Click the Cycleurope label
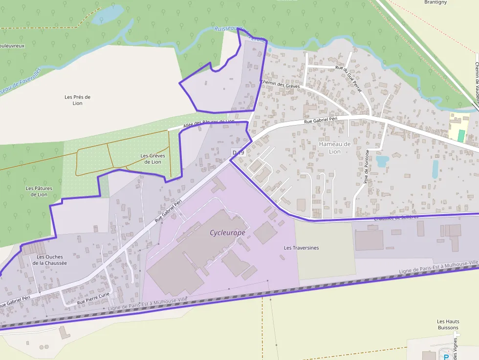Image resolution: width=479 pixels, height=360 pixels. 227,233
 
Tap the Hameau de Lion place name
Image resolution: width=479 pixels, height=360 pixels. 335,148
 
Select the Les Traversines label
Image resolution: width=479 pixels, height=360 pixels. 301,248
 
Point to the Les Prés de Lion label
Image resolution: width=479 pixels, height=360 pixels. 78,100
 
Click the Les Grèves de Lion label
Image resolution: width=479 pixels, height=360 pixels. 152,159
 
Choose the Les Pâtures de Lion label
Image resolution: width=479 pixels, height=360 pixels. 39,191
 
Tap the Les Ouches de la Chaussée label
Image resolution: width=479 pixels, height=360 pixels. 50,259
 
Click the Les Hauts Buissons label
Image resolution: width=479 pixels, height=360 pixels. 448,324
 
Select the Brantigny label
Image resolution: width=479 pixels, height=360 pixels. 435,2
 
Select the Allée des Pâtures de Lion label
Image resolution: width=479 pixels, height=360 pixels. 209,124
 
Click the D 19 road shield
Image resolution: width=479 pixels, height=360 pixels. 238,153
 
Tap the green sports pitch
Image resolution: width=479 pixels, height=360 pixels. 461,135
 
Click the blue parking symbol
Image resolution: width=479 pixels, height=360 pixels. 446,357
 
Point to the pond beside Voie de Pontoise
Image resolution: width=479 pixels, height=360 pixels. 382,161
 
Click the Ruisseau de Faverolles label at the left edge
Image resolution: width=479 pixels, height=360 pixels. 20,81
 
